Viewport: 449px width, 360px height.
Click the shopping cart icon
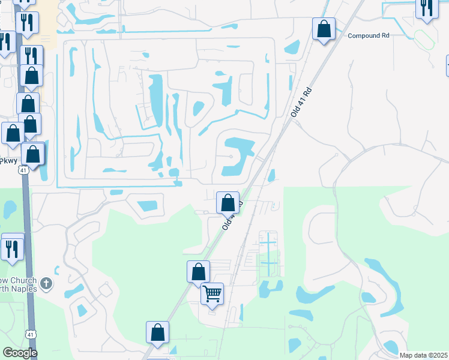212,294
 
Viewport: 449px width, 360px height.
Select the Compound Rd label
369,35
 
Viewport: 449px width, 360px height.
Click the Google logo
20,353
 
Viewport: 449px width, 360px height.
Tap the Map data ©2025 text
423,355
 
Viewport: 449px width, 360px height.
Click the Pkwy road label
8,161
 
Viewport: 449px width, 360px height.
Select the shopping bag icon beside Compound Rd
324,29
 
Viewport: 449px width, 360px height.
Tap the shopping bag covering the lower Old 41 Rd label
228,203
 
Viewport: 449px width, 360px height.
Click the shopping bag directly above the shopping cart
198,272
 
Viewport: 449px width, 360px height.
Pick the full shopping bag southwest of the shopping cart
157,332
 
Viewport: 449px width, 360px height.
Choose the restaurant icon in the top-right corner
426,8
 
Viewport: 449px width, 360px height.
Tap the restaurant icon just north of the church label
13,248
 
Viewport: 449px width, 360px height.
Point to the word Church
23,281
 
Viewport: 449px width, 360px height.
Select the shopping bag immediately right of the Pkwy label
33,154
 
